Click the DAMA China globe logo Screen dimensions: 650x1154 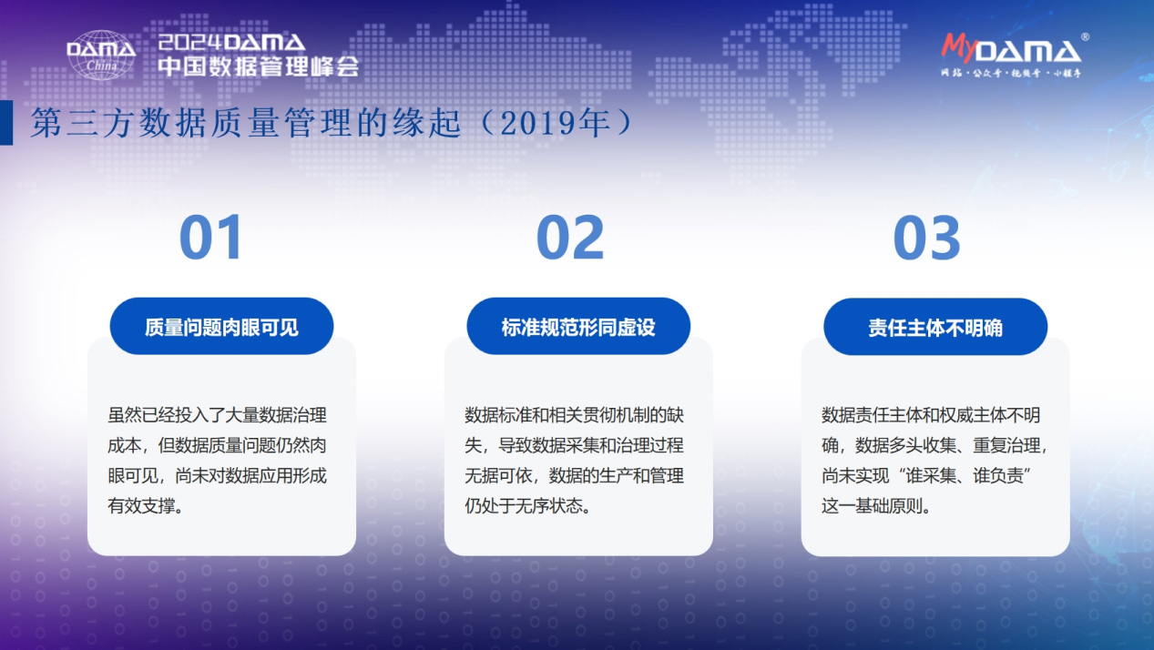click(101, 54)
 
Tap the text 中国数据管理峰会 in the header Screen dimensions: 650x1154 click(258, 66)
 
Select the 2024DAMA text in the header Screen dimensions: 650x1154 click(231, 42)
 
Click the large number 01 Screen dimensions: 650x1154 click(211, 239)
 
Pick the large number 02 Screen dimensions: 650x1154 click(569, 239)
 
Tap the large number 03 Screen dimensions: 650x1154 click(926, 239)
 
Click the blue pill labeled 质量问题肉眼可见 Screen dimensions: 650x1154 click(221, 327)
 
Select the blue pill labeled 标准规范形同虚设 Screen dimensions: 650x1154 click(578, 327)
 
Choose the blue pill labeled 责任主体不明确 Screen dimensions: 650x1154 click(935, 327)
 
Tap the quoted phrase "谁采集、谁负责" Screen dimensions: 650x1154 click(968, 476)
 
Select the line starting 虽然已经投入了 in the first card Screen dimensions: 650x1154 click(217, 416)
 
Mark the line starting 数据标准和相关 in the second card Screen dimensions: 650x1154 click(574, 416)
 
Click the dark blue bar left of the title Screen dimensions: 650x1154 click(6, 123)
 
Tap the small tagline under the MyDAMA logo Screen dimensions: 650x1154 click(1011, 72)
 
